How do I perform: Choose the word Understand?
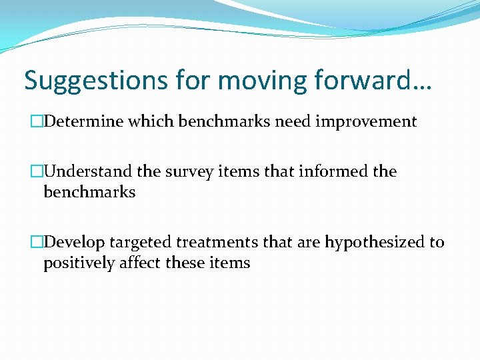87,172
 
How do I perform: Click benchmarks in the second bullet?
89,193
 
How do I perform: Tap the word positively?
80,263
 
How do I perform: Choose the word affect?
141,263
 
